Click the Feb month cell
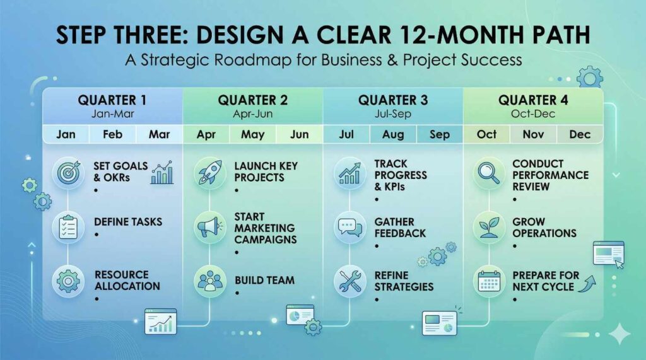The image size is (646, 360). pyautogui.click(x=112, y=134)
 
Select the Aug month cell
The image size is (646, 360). pyautogui.click(x=393, y=134)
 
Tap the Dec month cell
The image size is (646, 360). pyautogui.click(x=580, y=134)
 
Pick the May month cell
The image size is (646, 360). pyautogui.click(x=252, y=134)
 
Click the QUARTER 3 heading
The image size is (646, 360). pyautogui.click(x=393, y=100)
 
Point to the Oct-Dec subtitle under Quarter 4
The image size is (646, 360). pyautogui.click(x=533, y=113)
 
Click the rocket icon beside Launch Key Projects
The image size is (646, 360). pyautogui.click(x=209, y=173)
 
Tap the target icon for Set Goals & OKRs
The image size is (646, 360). pyautogui.click(x=68, y=173)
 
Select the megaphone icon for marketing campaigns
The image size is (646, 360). pyautogui.click(x=209, y=227)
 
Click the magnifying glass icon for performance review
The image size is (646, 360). pyautogui.click(x=489, y=173)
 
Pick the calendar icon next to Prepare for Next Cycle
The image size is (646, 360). pyautogui.click(x=489, y=281)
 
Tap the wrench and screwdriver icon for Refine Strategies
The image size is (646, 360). pyautogui.click(x=349, y=281)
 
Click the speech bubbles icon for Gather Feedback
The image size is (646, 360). pyautogui.click(x=349, y=227)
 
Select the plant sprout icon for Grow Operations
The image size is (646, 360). pyautogui.click(x=489, y=227)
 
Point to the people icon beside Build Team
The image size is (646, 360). pyautogui.click(x=209, y=281)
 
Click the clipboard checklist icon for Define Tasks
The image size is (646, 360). pyautogui.click(x=68, y=227)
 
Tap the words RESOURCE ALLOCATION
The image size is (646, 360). pyautogui.click(x=127, y=281)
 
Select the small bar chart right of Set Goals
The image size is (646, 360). pyautogui.click(x=162, y=173)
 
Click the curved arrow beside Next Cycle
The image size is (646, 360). pyautogui.click(x=587, y=284)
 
